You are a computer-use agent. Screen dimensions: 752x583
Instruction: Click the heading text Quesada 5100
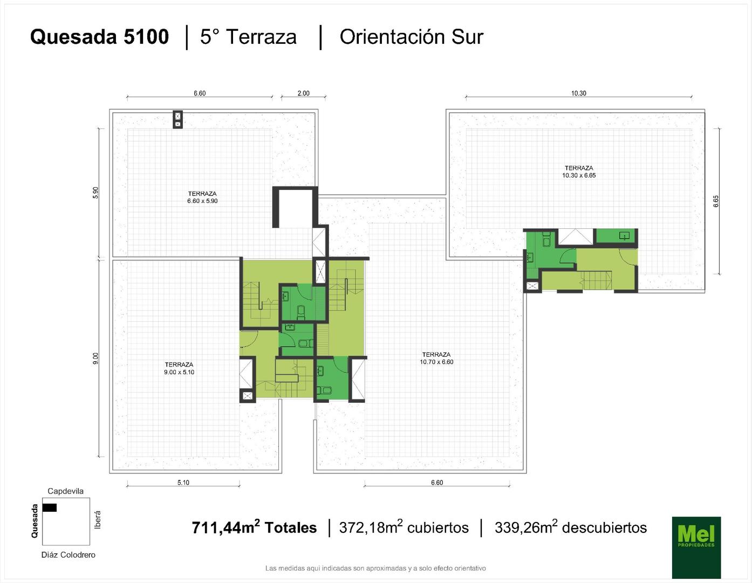point(99,37)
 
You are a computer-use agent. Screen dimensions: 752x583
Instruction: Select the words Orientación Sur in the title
point(411,37)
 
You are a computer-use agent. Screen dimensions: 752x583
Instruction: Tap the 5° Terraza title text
point(248,37)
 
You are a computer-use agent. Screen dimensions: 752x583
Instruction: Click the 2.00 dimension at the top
point(304,93)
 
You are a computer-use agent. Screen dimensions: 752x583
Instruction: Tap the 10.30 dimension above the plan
point(579,93)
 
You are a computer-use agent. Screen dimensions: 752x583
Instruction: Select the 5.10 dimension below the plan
point(183,483)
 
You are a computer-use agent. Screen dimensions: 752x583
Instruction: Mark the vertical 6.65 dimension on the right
point(716,201)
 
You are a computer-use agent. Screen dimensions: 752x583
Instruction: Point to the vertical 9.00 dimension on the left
point(96,358)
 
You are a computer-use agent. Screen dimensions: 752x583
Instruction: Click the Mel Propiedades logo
point(696,547)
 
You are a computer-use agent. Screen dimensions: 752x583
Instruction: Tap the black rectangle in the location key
point(50,507)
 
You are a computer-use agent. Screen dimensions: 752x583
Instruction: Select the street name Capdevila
point(65,491)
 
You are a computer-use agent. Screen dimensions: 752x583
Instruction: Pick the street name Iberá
point(98,520)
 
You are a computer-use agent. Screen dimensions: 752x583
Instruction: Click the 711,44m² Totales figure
point(255,527)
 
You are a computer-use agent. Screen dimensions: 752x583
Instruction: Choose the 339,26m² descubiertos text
point(571,527)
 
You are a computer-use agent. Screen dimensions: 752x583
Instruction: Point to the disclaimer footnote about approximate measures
point(375,568)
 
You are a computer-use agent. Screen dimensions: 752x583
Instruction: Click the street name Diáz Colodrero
point(68,554)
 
